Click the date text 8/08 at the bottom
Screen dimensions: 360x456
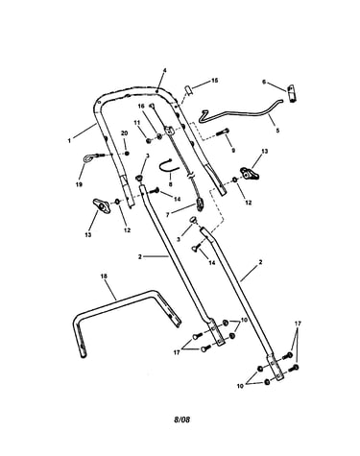click(181, 420)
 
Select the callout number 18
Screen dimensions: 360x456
click(105, 276)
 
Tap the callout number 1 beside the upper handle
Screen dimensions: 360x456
click(69, 140)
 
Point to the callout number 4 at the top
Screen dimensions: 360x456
click(165, 70)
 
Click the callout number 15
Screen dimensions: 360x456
click(214, 81)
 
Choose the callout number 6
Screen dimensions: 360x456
click(264, 82)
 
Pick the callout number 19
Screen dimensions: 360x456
click(79, 184)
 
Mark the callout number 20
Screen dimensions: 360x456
click(124, 133)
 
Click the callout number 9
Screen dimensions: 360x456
click(233, 150)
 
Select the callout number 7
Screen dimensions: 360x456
click(168, 215)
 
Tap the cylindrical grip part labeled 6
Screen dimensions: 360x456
click(292, 93)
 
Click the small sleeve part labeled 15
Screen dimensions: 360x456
click(189, 90)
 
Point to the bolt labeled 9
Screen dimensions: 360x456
click(223, 132)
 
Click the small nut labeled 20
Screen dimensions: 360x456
click(127, 154)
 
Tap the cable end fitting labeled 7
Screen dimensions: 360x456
click(201, 204)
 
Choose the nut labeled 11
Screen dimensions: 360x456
click(148, 140)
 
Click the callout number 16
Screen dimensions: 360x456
click(141, 106)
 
